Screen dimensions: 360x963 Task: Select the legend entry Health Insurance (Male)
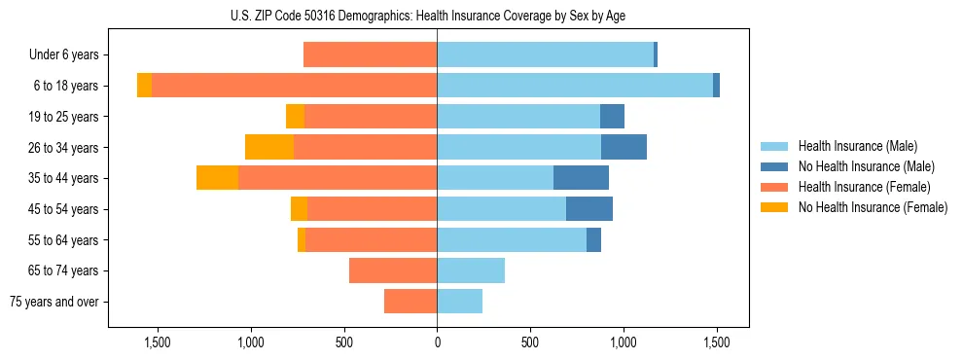click(857, 146)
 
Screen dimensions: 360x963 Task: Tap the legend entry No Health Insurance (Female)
click(873, 207)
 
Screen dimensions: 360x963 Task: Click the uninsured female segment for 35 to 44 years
click(217, 178)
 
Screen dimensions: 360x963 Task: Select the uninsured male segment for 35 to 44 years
click(581, 178)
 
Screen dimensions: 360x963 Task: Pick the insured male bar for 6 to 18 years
click(574, 86)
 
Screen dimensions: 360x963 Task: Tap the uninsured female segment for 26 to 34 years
click(269, 147)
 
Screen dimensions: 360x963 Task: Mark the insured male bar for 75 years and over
click(459, 302)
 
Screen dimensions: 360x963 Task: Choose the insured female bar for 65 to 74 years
click(393, 270)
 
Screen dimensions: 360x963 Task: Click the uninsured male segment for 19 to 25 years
click(612, 117)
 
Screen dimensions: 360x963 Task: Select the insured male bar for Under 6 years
click(545, 54)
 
